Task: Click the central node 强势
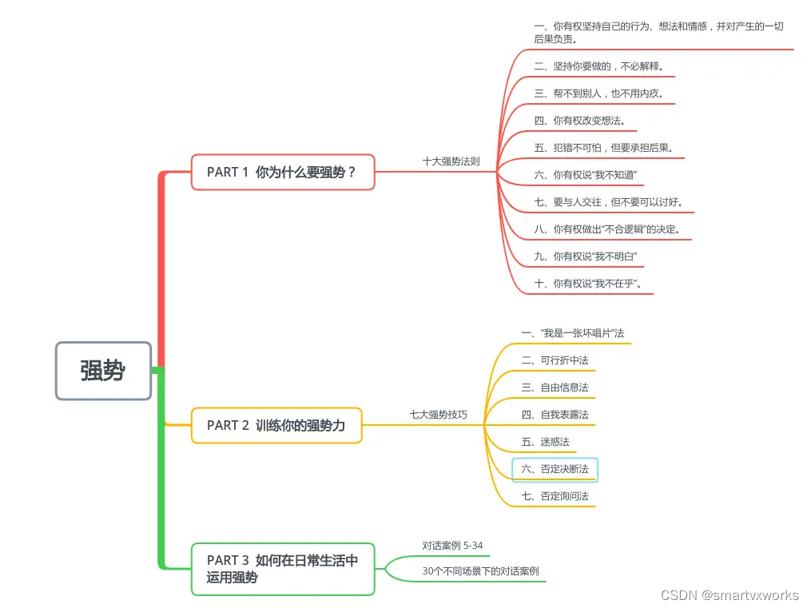coord(103,371)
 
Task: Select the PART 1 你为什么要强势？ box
coord(283,172)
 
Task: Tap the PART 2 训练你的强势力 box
coord(276,425)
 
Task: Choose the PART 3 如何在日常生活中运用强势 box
coord(283,569)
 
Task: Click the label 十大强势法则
coord(451,161)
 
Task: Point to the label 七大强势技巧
coord(438,415)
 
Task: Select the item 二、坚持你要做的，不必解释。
coord(599,66)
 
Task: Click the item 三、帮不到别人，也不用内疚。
coord(599,93)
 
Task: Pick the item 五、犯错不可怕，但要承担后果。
coord(604,148)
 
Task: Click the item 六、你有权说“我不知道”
coord(586,175)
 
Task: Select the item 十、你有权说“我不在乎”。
coord(589,284)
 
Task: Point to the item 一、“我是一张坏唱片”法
coord(572,333)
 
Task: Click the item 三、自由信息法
coord(555,387)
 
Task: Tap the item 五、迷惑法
coord(545,442)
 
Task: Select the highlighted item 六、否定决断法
coord(555,469)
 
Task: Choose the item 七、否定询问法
coord(555,496)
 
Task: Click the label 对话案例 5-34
coord(452,546)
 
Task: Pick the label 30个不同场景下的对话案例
coord(480,571)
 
